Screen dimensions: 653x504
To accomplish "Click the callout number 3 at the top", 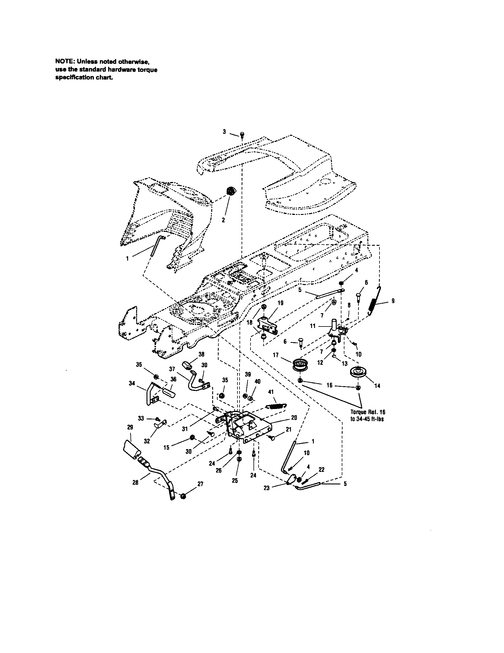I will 224,131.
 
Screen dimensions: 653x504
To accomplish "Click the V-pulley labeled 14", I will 357,373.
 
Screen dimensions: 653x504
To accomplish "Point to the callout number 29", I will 130,427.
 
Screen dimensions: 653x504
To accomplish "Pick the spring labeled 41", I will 277,406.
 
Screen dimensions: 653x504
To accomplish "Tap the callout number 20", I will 294,418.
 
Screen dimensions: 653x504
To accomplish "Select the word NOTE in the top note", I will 64,62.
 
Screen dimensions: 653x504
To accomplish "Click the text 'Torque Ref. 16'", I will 368,412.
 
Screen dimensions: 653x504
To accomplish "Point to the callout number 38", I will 201,354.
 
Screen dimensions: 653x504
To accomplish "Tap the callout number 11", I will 313,326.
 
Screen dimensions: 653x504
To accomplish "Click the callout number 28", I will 135,482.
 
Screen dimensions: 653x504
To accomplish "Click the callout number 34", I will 132,383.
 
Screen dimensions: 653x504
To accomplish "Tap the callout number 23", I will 267,488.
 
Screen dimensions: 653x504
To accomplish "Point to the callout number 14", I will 377,386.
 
